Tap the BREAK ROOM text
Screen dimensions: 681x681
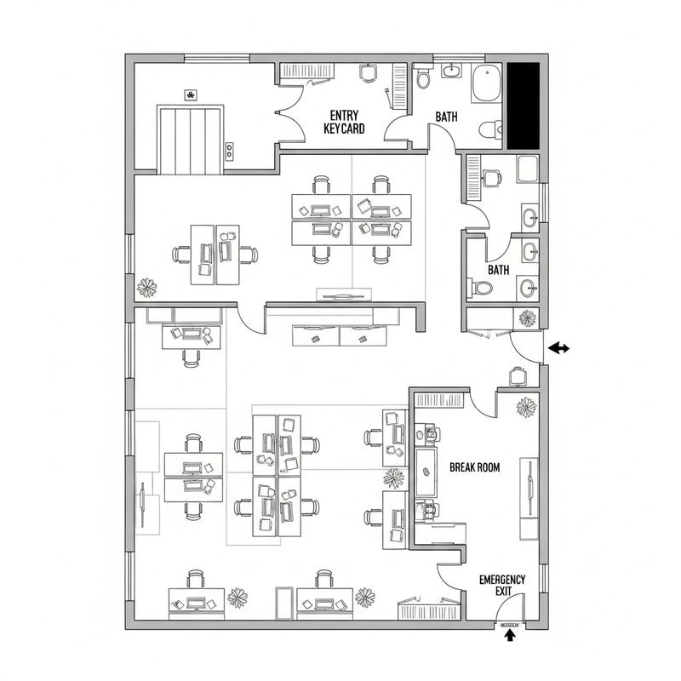click(474, 467)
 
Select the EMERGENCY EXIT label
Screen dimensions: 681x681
click(502, 586)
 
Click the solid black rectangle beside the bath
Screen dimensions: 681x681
click(523, 105)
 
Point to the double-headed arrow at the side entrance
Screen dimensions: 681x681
click(559, 347)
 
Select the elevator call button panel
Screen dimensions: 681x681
click(228, 151)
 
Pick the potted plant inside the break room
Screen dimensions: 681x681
click(526, 407)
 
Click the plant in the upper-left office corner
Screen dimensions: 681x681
click(147, 287)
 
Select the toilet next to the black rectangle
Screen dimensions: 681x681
click(489, 130)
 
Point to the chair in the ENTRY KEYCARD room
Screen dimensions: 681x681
click(367, 74)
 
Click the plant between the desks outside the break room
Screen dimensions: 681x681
click(393, 478)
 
